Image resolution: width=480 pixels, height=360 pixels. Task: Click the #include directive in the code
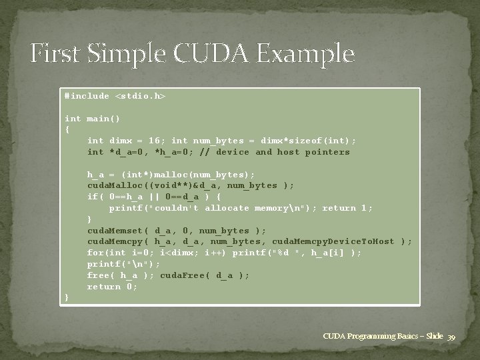tap(87, 96)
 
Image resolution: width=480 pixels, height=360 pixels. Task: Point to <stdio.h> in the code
tap(141, 96)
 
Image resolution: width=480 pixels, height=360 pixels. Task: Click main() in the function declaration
tap(104, 119)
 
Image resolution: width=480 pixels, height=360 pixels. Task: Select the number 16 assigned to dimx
tap(152, 141)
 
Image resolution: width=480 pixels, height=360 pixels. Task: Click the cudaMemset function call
tap(115, 231)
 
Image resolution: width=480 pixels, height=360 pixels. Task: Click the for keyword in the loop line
tap(95, 253)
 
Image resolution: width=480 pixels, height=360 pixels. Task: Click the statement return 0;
tap(112, 287)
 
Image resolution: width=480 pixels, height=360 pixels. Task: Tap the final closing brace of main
tap(67, 298)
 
